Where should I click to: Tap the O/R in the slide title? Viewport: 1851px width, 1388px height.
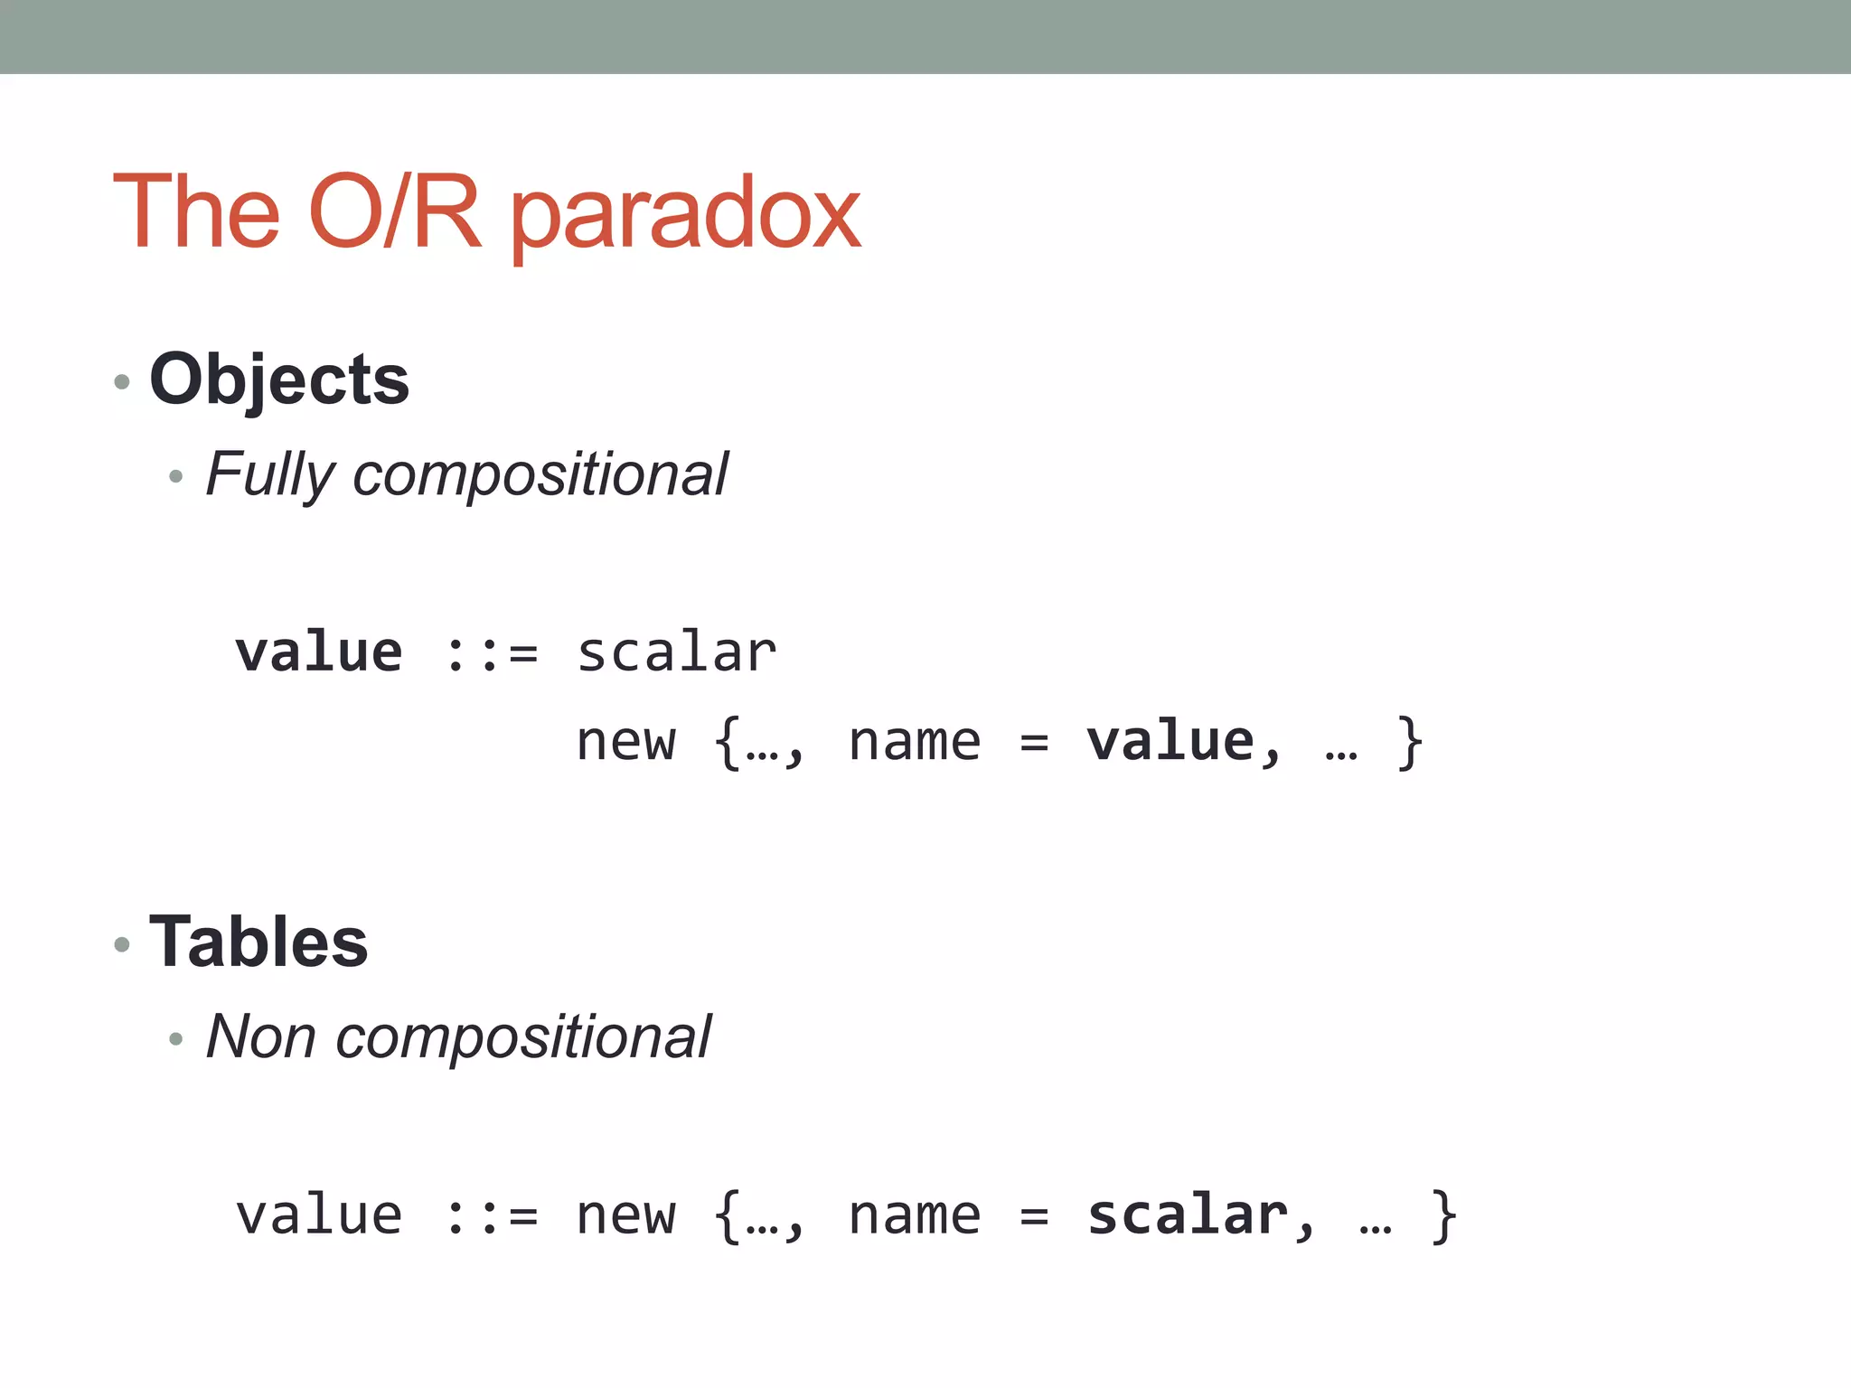pos(394,211)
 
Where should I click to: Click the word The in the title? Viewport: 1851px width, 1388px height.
pos(197,211)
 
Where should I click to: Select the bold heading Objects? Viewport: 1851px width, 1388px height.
pos(279,380)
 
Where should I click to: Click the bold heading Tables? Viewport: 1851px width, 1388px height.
pos(258,942)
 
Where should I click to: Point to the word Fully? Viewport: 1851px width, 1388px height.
pos(270,474)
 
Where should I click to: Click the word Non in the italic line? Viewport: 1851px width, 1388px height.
pos(260,1036)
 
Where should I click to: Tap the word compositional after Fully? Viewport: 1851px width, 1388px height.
pos(540,474)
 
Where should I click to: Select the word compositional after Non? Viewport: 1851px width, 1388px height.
pos(523,1036)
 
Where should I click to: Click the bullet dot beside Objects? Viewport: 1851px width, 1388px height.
pos(122,382)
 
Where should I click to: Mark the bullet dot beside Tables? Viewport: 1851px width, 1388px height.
pos(122,945)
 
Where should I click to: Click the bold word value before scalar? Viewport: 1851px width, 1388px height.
pos(318,652)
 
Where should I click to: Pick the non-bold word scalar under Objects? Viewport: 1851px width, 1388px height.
pos(676,652)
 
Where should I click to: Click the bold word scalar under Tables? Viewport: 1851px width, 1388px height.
pos(1187,1215)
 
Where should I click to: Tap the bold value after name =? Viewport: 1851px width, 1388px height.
pos(1170,743)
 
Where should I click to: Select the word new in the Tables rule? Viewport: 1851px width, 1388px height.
pos(625,1216)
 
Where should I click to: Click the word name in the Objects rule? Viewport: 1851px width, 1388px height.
pos(914,743)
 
